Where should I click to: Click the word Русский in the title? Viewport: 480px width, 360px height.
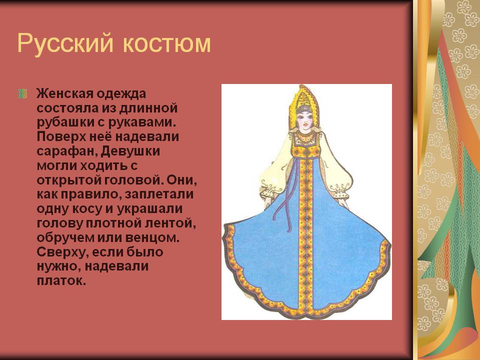65,43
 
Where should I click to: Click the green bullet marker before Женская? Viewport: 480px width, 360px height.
22,93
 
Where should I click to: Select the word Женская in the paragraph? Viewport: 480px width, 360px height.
64,93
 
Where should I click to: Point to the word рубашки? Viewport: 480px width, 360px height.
66,122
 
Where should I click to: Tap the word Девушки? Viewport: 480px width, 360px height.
130,151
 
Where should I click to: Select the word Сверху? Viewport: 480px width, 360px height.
62,252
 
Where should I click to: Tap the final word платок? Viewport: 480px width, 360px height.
61,280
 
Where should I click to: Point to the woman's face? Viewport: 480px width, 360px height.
306,121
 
